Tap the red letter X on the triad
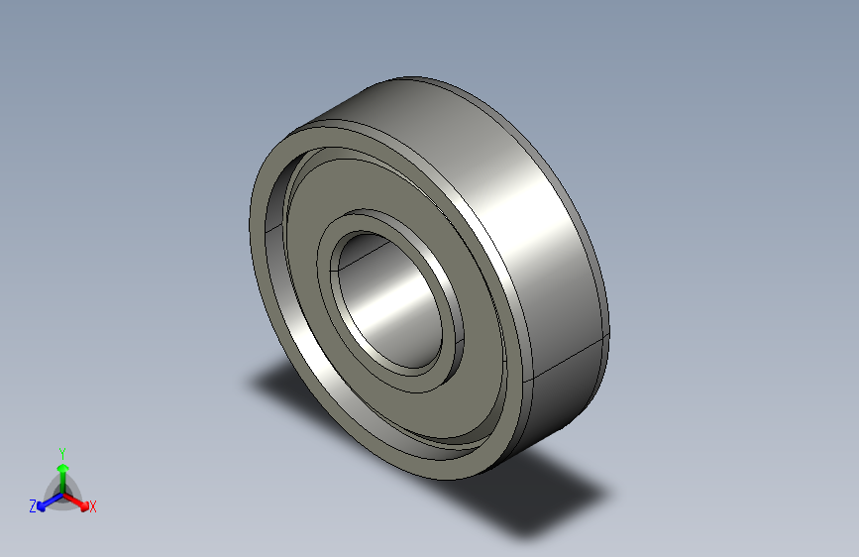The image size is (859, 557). [92, 506]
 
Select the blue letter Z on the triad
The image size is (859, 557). [33, 505]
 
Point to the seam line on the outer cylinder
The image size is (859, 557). [570, 361]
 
